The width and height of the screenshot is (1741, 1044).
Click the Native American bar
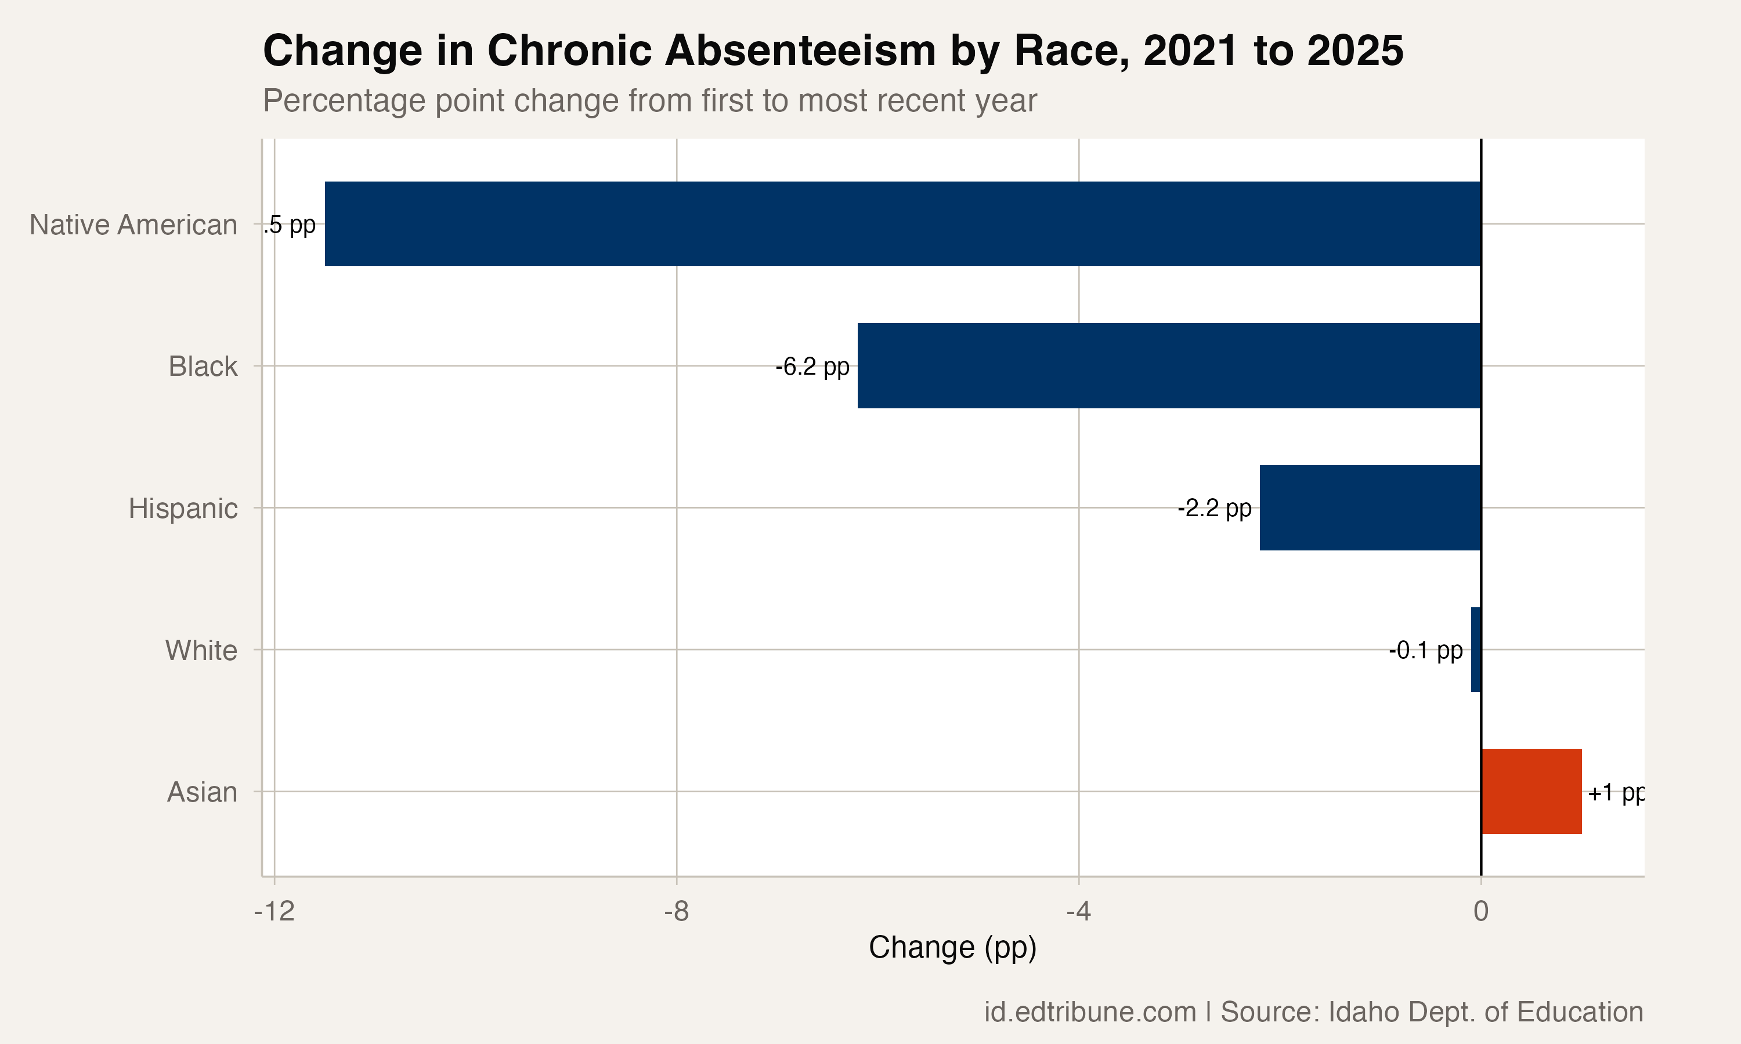click(903, 224)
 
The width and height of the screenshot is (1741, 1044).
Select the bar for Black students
click(1169, 366)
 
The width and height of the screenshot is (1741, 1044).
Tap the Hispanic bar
click(1370, 507)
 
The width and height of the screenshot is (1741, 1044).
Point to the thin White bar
click(1476, 650)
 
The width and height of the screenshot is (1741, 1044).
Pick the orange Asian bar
click(1531, 792)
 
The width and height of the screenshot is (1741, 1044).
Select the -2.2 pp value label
click(1214, 508)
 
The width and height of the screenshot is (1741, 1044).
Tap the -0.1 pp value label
click(1425, 650)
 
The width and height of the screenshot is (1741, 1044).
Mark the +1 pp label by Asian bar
click(1616, 793)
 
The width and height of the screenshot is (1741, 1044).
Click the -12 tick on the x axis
click(274, 911)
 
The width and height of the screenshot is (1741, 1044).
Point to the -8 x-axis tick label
click(676, 911)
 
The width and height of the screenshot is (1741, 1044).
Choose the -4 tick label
click(1078, 911)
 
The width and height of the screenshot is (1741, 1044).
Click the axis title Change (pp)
click(952, 948)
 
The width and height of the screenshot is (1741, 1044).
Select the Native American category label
click(133, 225)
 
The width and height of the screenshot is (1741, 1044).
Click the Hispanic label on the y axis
click(183, 508)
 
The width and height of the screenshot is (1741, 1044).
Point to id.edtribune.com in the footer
click(1089, 1012)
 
